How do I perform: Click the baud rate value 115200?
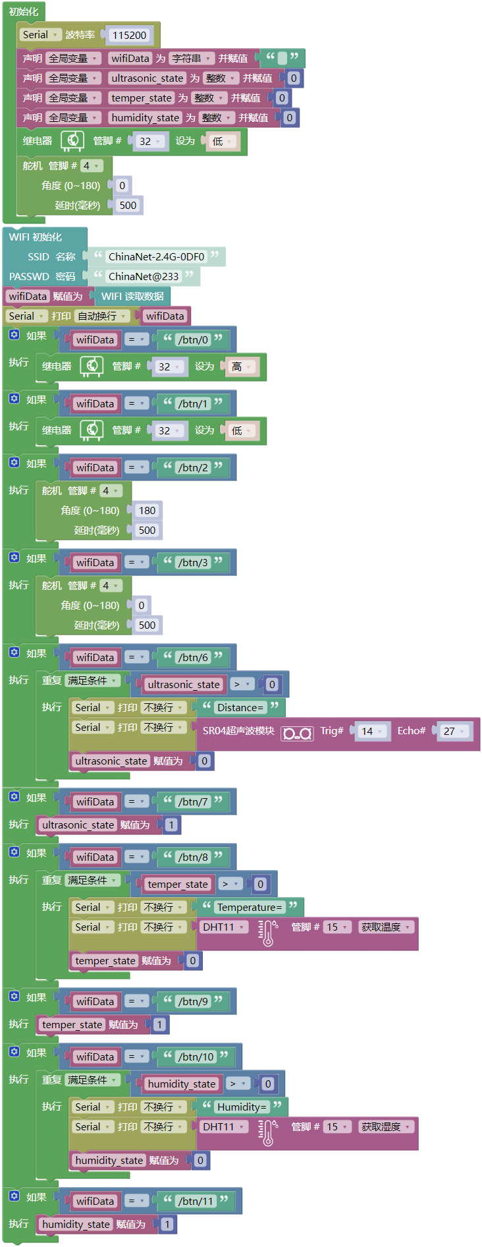129,36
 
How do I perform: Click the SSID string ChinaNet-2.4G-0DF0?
156,257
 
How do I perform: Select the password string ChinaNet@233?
143,277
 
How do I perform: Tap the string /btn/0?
193,340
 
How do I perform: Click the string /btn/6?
193,658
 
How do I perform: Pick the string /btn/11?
196,1202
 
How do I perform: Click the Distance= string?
240,708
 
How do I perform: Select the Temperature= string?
250,908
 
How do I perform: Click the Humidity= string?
242,1107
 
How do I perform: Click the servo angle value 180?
147,511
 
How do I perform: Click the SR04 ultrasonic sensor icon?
297,733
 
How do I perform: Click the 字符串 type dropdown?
191,59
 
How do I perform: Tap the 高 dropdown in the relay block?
241,367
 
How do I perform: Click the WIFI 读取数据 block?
132,297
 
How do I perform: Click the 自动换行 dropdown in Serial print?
101,316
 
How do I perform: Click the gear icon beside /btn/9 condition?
14,997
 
